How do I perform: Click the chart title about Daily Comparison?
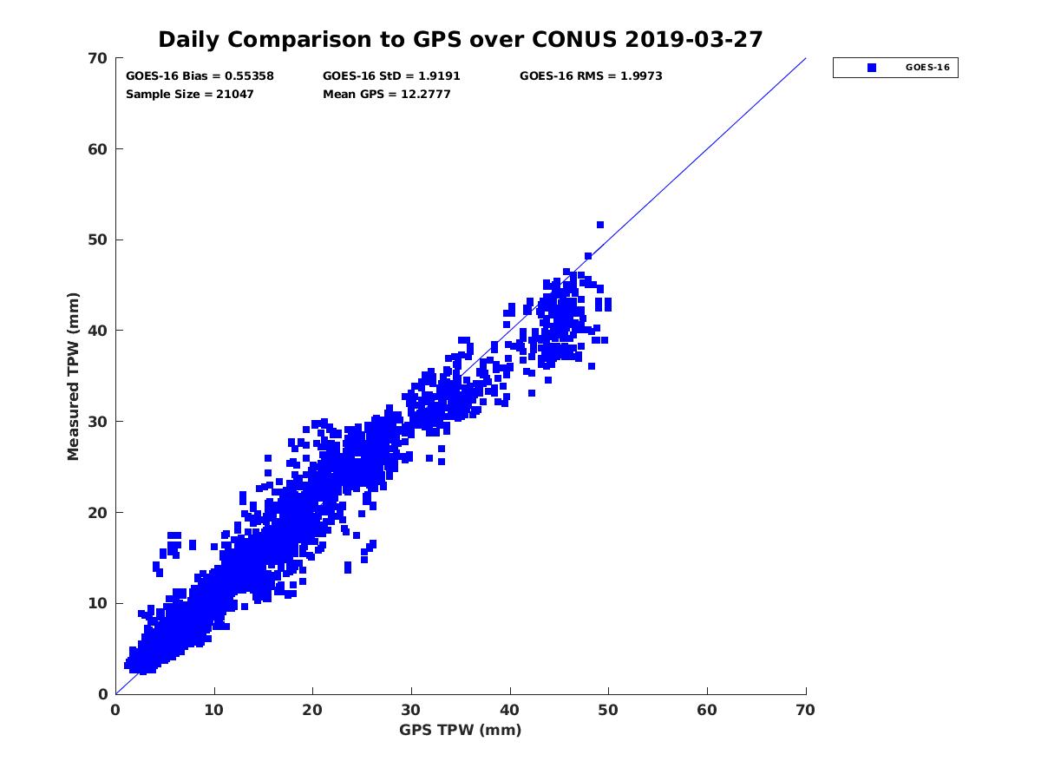460,40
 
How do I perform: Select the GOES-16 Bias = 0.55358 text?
200,76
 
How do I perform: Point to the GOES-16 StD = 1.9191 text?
391,76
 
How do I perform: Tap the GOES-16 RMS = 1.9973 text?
591,76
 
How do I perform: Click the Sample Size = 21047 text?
190,94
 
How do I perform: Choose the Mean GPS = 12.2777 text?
387,94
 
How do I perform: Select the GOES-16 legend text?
927,68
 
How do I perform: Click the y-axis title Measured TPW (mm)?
74,376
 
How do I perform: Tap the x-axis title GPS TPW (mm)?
461,730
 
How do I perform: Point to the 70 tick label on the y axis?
98,58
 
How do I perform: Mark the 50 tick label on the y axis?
98,240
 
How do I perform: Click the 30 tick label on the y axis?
98,422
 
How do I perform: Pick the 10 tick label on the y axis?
98,603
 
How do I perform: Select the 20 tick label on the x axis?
313,710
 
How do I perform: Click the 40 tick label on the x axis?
510,710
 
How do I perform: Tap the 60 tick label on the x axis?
707,710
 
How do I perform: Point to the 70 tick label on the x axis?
806,710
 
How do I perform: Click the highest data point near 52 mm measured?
599,225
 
